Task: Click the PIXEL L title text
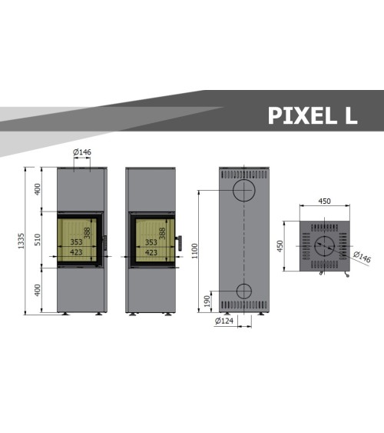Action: (x=313, y=115)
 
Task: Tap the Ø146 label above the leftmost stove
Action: (x=82, y=152)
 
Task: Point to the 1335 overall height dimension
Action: (x=22, y=241)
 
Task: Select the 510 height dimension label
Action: (x=37, y=239)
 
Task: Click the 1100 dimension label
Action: (x=194, y=251)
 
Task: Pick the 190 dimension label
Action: (x=207, y=301)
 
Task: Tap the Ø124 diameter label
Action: (x=223, y=321)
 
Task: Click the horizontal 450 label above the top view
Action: (x=324, y=201)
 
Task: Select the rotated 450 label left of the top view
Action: (x=280, y=246)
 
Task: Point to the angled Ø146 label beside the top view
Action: (x=362, y=257)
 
